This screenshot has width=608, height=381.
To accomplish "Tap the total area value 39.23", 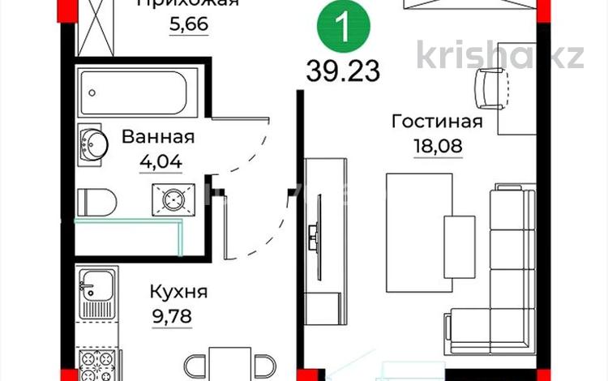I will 343,71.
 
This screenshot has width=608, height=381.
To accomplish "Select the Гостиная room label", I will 437,122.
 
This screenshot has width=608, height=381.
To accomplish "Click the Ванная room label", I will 158,136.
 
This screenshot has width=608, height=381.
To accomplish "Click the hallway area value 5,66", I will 189,24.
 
